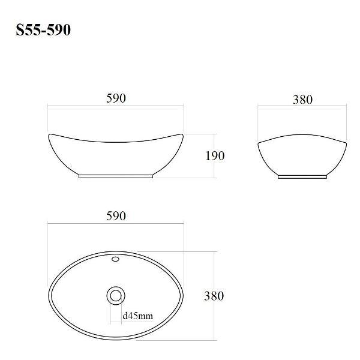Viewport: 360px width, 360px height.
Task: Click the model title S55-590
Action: click(x=43, y=30)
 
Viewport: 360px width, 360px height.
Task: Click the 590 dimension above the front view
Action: click(x=116, y=98)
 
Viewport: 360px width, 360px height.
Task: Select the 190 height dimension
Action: click(x=214, y=156)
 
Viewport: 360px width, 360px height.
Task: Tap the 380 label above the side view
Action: click(x=302, y=100)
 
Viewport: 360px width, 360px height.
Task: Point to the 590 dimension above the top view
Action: click(x=116, y=216)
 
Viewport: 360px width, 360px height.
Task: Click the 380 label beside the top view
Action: click(x=214, y=296)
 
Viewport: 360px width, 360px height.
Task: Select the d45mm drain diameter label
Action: click(x=137, y=316)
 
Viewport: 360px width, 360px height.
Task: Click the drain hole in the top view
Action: click(x=115, y=295)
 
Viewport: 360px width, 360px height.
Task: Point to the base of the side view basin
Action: click(x=302, y=176)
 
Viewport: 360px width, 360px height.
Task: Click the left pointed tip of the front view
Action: click(x=49, y=134)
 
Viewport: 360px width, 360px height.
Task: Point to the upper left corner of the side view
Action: click(x=259, y=143)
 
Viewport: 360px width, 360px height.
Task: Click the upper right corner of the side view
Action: click(x=346, y=143)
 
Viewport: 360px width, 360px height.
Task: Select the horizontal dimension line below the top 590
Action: click(x=116, y=107)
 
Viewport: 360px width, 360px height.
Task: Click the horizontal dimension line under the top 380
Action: click(x=302, y=107)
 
